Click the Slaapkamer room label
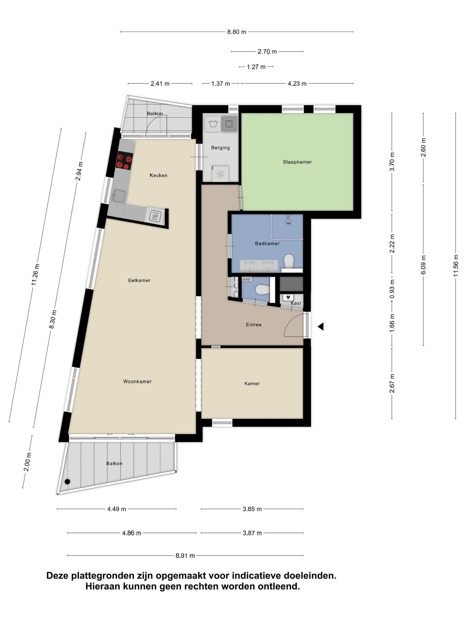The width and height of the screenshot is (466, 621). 297,162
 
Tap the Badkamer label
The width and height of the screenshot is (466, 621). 267,243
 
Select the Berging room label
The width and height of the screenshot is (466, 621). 220,148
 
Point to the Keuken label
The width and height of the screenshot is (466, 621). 158,175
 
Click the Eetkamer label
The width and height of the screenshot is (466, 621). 139,280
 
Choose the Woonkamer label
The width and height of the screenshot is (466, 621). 137,381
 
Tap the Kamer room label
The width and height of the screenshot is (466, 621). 252,384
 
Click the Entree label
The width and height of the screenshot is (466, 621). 254,325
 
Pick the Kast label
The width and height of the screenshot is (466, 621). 296,303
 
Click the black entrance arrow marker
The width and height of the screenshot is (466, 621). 321,327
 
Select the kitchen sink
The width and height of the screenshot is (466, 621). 119,196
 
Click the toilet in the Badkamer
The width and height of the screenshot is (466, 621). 289,261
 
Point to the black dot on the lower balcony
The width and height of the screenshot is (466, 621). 67,482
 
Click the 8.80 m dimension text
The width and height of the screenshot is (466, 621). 237,32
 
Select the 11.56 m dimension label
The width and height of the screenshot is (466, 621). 456,266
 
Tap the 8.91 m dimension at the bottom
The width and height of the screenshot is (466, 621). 185,556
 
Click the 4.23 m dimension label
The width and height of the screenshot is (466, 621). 297,84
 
